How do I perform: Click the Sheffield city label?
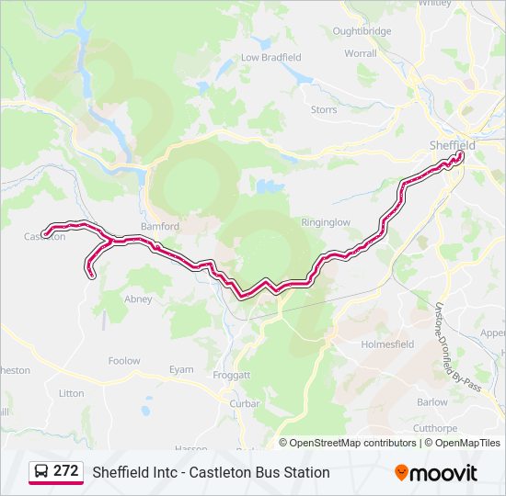pyautogui.click(x=452, y=145)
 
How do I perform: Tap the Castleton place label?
pyautogui.click(x=44, y=236)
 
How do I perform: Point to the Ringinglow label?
pyautogui.click(x=326, y=222)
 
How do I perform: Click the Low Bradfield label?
pyautogui.click(x=270, y=57)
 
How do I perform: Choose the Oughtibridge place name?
pyautogui.click(x=362, y=31)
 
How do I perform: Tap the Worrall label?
pyautogui.click(x=360, y=54)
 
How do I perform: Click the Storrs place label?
pyautogui.click(x=324, y=109)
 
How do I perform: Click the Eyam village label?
pyautogui.click(x=181, y=369)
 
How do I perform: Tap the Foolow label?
pyautogui.click(x=124, y=361)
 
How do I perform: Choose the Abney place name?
pyautogui.click(x=138, y=299)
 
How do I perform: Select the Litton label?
pyautogui.click(x=71, y=393)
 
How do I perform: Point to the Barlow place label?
pyautogui.click(x=431, y=401)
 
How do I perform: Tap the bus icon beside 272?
pyautogui.click(x=41, y=471)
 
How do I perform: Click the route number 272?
pyautogui.click(x=66, y=471)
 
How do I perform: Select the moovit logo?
pyautogui.click(x=436, y=472)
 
